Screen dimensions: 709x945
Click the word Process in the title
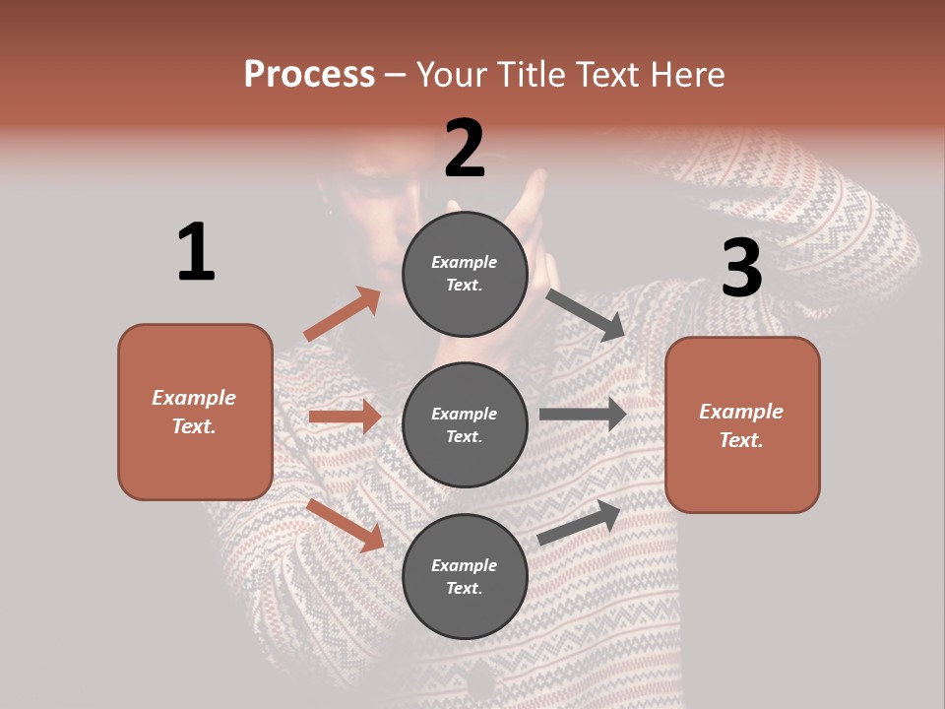(309, 74)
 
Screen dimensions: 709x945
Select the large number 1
(196, 253)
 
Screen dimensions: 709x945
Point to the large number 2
(465, 149)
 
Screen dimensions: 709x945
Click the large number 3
(741, 268)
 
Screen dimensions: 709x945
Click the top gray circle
(465, 274)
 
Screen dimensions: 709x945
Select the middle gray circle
(465, 424)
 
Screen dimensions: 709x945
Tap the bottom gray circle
(465, 576)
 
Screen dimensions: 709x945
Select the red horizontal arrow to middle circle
(345, 417)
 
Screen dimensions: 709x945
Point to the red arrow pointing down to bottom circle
(346, 525)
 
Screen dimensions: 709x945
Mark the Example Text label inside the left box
(194, 412)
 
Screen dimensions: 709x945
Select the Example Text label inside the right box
(741, 425)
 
